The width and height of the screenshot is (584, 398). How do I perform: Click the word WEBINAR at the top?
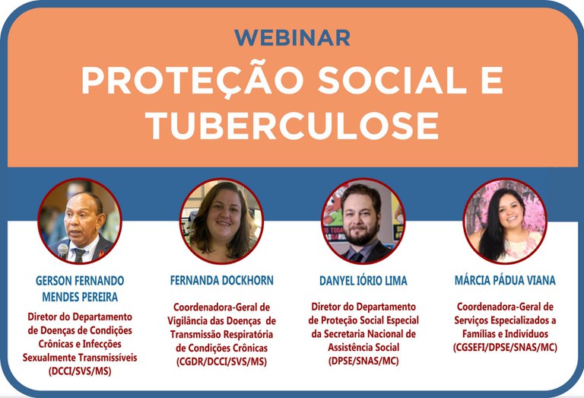pos(292,37)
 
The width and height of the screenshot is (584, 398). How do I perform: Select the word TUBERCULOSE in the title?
pos(292,125)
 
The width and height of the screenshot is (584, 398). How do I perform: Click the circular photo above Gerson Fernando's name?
pos(80,220)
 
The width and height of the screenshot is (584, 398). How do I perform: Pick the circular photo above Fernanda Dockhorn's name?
pos(221,221)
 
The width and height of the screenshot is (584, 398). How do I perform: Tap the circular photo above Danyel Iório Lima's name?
pos(363,221)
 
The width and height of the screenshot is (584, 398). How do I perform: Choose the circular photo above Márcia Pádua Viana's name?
pos(505,221)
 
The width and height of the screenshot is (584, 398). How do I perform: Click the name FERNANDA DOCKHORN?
pos(221,281)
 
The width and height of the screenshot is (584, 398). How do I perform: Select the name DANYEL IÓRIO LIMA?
pos(363,281)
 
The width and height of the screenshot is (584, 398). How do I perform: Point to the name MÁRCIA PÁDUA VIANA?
pos(505,281)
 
